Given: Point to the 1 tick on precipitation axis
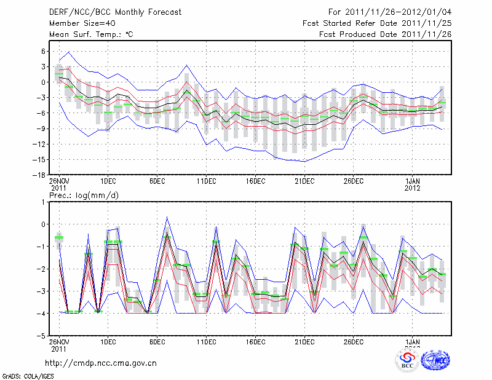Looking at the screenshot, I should point(44,202).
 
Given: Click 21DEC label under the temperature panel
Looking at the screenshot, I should point(304,181).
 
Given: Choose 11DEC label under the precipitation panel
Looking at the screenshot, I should point(206,342).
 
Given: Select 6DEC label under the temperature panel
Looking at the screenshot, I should point(157,181).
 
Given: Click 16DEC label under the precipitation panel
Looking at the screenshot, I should point(255,342).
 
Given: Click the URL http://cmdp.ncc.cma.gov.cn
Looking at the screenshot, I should point(101,363).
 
